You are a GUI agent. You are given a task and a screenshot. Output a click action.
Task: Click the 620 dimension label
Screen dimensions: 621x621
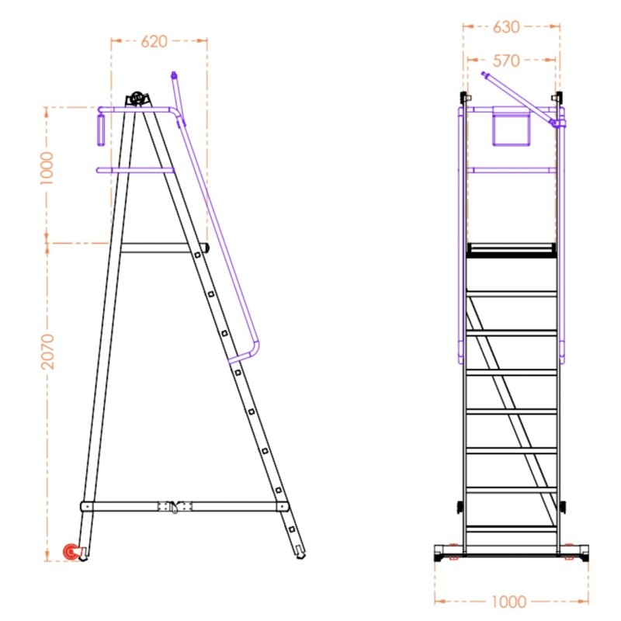coord(154,42)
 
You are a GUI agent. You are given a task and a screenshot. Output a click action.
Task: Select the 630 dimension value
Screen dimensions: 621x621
coord(505,27)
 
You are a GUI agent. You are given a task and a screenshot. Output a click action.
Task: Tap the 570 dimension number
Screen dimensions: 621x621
coord(505,61)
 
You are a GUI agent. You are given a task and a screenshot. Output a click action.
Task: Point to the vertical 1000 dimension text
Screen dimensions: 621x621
coord(47,168)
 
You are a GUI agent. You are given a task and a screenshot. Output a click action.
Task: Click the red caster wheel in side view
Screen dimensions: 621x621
coord(71,553)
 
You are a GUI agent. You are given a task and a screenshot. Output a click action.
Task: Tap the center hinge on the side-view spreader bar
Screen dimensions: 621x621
coord(174,506)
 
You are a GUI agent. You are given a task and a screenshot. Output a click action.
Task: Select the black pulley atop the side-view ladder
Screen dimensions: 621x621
coord(137,99)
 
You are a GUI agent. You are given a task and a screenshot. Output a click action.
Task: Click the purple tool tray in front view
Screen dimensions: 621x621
coord(512,127)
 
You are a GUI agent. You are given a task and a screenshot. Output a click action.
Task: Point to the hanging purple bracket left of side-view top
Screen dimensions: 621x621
coord(100,128)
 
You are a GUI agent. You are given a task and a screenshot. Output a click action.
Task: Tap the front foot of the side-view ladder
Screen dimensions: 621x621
coord(299,553)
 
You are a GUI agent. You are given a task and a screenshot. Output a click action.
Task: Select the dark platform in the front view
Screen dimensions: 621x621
coord(512,249)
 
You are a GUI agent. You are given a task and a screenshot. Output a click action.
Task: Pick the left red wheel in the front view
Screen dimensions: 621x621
coord(453,556)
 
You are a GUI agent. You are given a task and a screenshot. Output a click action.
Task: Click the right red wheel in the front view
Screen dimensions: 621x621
coord(571,556)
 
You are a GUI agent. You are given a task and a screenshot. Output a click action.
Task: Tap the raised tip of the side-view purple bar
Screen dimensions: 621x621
coord(174,75)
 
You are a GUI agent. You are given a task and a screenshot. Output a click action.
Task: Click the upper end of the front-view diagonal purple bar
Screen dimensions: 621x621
coord(484,75)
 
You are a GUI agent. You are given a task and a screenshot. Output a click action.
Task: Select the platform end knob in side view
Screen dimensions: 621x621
coord(206,248)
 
